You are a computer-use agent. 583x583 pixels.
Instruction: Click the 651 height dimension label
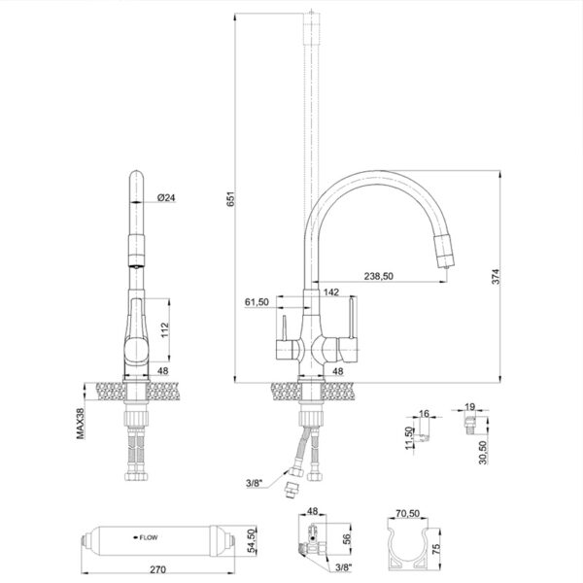231,199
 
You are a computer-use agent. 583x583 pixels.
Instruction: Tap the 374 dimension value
497,276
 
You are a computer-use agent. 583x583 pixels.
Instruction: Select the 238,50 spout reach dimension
379,276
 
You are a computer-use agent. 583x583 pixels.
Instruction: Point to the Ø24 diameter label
166,197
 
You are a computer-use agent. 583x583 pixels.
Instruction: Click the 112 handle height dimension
164,330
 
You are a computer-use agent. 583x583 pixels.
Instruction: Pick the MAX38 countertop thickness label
81,424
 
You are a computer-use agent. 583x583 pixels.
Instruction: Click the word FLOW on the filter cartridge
149,537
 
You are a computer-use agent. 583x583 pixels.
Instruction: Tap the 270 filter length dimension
158,569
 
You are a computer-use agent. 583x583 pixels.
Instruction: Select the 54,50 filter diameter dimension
253,541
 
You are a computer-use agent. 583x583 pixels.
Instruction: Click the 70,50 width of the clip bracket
407,513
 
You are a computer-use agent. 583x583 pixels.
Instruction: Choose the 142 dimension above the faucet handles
331,291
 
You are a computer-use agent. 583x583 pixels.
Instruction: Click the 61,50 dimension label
257,302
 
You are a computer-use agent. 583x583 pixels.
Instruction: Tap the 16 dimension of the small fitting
424,414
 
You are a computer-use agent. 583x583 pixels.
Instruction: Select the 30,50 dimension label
483,452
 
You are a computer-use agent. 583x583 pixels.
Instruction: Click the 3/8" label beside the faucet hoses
255,483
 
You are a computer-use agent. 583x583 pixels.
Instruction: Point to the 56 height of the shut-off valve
346,538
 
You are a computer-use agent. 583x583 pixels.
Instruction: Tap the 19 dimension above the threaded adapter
470,407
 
